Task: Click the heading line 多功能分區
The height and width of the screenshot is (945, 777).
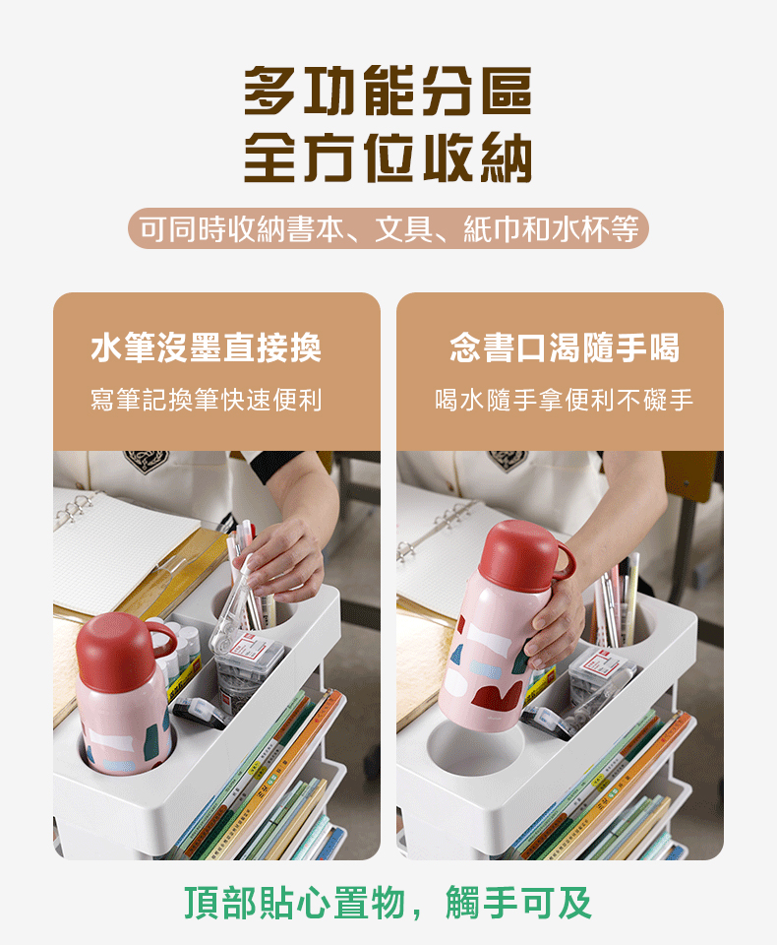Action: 388,91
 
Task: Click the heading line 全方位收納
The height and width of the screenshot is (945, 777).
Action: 388,157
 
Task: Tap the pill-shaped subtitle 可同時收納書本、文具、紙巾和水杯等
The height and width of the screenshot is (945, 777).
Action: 388,229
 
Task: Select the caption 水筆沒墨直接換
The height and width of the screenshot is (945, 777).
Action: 206,347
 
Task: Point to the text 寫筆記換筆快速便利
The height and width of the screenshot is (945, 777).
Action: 206,400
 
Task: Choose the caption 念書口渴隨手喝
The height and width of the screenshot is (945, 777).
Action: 565,347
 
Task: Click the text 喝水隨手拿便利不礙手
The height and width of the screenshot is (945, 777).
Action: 565,400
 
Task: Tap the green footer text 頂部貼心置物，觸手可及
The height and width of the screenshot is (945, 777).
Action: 388,903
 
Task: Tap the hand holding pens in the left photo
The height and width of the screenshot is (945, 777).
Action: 285,560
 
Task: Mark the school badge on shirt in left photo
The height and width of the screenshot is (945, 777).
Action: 147,462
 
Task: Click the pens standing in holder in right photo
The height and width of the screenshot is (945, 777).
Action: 616,602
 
